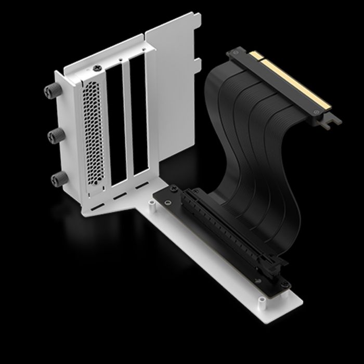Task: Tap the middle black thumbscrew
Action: coord(54,137)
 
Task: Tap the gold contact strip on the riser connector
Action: coord(291,81)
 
